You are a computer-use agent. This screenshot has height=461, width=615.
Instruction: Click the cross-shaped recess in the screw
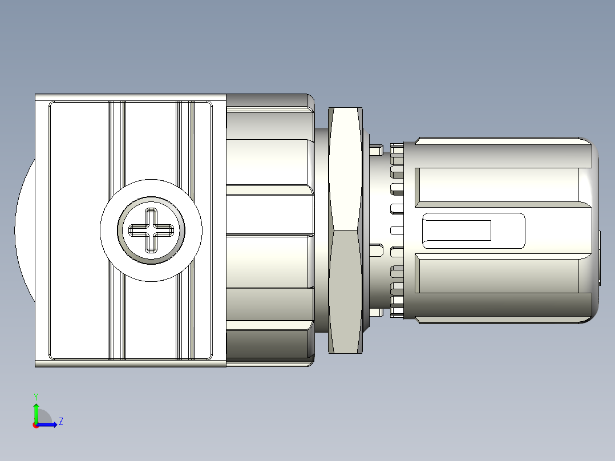pos(151,230)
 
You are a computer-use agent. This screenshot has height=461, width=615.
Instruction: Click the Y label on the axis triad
pos(36,396)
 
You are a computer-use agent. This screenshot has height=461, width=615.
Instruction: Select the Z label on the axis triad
pos(60,422)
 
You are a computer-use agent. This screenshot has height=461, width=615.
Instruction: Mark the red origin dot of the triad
pos(36,424)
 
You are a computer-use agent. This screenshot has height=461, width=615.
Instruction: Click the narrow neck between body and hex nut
pos(321,230)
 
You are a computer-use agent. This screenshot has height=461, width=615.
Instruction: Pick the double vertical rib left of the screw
pos(116,143)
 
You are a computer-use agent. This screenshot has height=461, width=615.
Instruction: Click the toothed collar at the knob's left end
pos(396,230)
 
